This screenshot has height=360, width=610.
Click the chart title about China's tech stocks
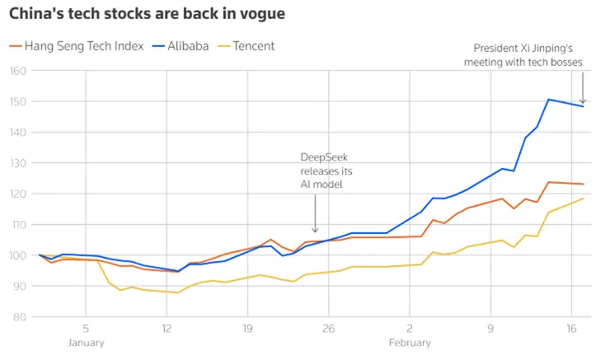(x=148, y=15)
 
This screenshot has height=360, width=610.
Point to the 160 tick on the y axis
(x=18, y=71)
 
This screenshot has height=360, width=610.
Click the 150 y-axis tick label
(x=18, y=101)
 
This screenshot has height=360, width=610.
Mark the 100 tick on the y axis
(x=18, y=255)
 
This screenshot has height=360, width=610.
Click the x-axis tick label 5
(x=86, y=327)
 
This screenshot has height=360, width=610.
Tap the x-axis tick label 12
(x=167, y=327)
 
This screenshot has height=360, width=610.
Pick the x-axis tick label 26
(x=328, y=327)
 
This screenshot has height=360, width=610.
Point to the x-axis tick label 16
(x=571, y=327)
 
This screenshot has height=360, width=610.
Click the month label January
(x=86, y=343)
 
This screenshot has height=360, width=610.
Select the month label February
(x=410, y=343)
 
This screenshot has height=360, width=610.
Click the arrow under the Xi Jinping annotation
(x=583, y=89)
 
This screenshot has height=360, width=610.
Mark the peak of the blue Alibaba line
(x=549, y=100)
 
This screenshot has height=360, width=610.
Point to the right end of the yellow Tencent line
(x=584, y=198)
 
